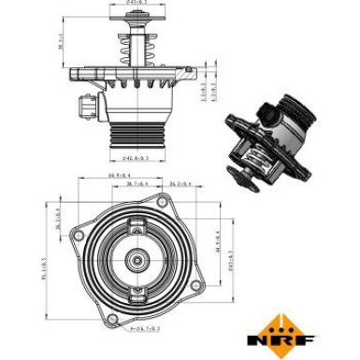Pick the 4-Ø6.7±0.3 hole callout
136,329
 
